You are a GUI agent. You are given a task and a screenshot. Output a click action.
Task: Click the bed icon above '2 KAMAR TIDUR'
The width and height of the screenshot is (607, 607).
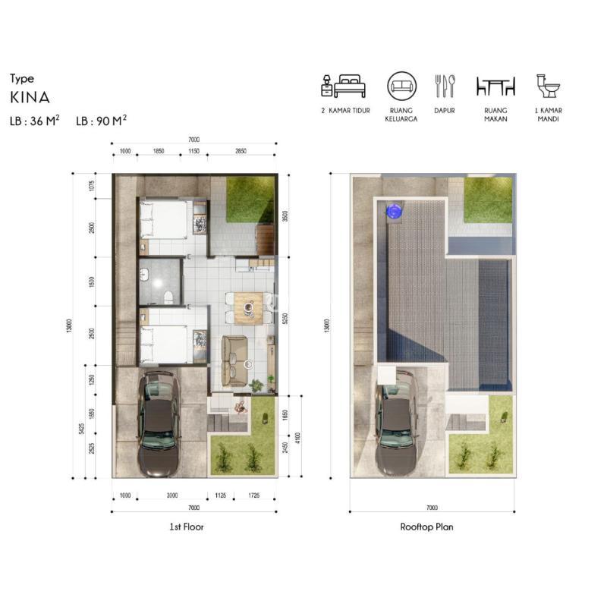point(344,86)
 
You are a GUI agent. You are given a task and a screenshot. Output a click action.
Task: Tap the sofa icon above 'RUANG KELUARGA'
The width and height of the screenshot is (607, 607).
point(401,86)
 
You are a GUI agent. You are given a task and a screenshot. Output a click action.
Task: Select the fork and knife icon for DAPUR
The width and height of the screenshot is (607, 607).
point(445,86)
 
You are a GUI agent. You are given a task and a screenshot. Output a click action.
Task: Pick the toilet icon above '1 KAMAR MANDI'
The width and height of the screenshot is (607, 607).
point(548,86)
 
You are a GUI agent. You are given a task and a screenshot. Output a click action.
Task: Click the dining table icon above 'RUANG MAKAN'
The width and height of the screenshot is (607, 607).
point(495,86)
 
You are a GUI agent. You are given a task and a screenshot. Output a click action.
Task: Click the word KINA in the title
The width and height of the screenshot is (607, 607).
point(30,98)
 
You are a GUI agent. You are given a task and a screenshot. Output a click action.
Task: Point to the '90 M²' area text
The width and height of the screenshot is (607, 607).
point(112,121)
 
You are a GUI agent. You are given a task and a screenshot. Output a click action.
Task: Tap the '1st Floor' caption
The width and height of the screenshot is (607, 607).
point(186,527)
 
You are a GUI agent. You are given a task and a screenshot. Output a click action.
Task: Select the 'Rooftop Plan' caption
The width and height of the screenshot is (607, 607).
point(426,527)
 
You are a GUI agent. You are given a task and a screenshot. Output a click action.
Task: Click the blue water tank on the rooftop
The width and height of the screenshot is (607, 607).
point(394,212)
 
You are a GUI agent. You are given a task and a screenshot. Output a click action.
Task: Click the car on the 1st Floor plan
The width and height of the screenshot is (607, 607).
point(159,423)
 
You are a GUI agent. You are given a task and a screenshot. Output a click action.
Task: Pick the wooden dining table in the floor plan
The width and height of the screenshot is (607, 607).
point(249,308)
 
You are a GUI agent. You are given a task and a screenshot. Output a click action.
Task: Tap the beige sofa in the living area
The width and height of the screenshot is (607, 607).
point(234,361)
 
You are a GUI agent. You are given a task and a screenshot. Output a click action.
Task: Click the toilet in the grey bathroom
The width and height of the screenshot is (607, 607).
point(168,297)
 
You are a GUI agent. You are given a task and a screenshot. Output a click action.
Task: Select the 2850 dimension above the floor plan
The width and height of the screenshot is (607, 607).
point(241,151)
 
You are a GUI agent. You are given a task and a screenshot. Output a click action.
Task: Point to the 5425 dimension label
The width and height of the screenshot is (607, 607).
point(81,429)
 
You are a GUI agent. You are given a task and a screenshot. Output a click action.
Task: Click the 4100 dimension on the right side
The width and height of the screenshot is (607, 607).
point(297,438)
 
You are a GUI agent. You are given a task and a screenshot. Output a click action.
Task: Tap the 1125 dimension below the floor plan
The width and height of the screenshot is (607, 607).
point(220,495)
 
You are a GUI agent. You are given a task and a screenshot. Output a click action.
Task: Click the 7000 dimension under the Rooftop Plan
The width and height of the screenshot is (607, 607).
point(432,508)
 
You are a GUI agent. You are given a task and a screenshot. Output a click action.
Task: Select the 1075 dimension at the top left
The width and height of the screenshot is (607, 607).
point(92,186)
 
